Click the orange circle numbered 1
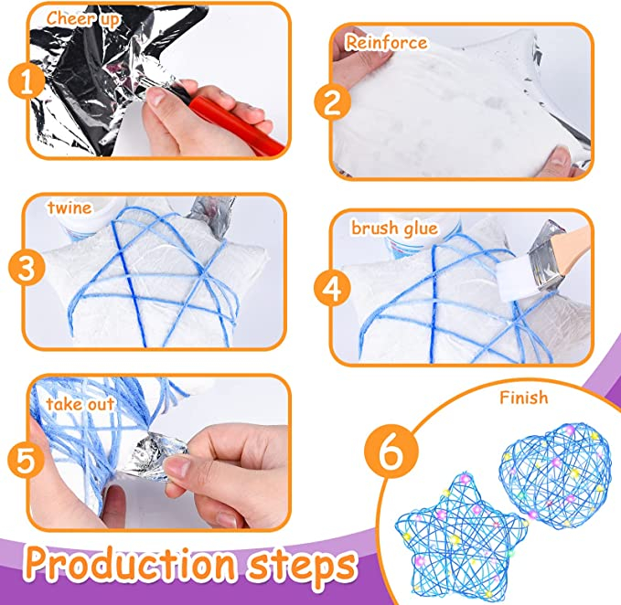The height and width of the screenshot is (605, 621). [27, 82]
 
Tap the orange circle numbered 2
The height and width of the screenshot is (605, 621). [333, 101]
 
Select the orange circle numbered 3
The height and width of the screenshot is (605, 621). [27, 268]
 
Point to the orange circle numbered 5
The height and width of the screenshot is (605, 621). [26, 461]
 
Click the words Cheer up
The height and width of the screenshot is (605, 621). [82, 18]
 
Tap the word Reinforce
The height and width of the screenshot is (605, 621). [386, 42]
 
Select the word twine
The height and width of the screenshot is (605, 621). [70, 207]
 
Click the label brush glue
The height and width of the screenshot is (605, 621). [394, 228]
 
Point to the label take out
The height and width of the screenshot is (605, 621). [80, 404]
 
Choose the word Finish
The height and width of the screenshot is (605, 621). [523, 398]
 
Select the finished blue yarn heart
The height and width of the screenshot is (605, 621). [553, 476]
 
